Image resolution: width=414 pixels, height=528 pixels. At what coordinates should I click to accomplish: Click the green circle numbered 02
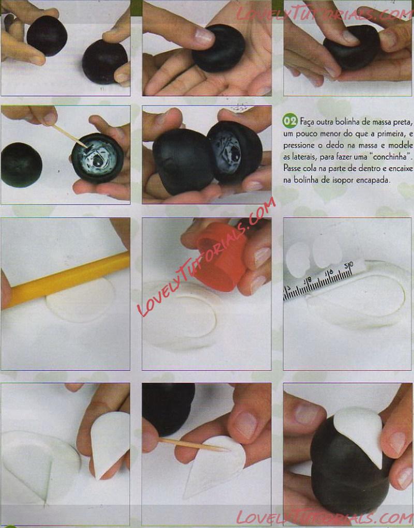coord(290,121)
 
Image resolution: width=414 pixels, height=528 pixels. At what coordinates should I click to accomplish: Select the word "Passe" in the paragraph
coord(291,168)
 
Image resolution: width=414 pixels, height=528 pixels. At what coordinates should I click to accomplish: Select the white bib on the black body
coord(362,431)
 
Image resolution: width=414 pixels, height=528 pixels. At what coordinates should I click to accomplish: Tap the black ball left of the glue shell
coord(22,164)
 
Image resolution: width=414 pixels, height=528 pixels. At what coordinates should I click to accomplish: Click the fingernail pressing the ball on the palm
coord(204,36)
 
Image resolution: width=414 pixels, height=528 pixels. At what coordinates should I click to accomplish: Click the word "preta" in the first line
coord(404,121)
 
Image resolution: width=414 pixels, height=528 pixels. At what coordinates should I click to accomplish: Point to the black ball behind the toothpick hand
coord(168,408)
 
